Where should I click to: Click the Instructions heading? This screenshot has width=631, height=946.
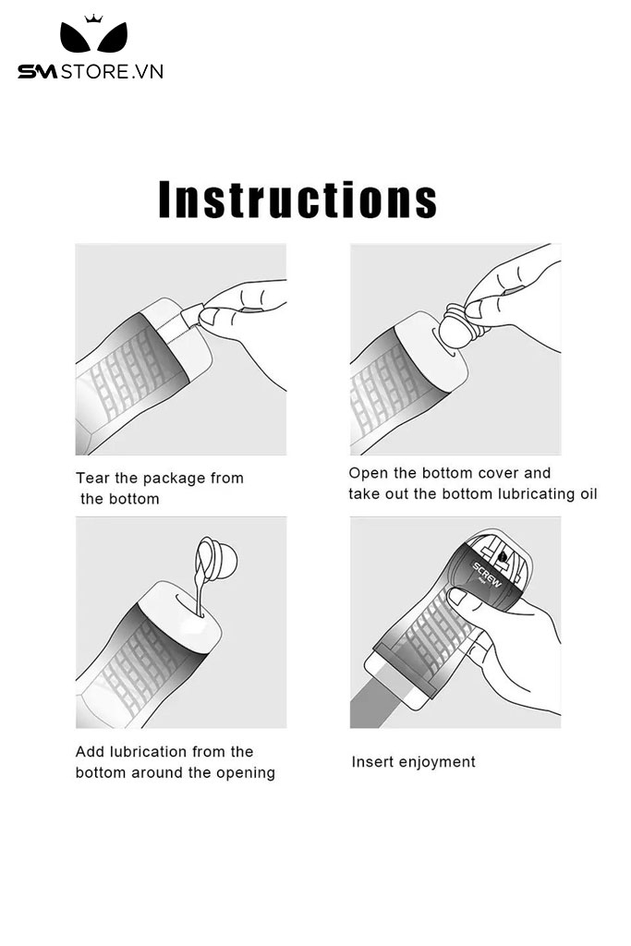coord(297,200)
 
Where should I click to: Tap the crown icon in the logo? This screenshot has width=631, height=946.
coord(93,18)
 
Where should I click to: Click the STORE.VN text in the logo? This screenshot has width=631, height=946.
coord(112,72)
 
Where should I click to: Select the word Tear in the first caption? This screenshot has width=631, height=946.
coord(93,479)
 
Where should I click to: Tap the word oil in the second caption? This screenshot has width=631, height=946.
coord(589,494)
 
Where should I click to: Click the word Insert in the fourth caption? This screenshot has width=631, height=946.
coord(371,762)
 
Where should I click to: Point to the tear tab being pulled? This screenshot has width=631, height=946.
coord(192,315)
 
